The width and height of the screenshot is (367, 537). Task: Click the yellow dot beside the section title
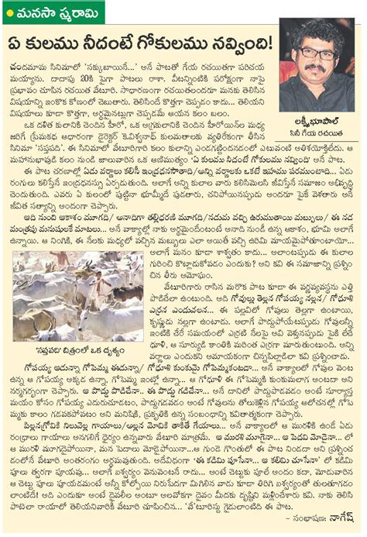(9, 9)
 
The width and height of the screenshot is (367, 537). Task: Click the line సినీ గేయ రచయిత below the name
(322, 138)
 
